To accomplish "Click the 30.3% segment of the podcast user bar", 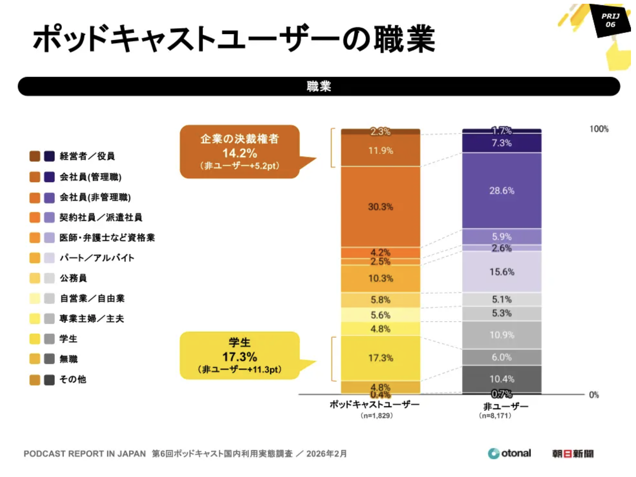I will pyautogui.click(x=380, y=207).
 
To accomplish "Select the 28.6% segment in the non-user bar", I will pyautogui.click(x=502, y=191).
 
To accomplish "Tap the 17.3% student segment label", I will pyautogui.click(x=380, y=358).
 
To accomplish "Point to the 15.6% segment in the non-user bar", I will pyautogui.click(x=502, y=272).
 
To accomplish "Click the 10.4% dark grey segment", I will pyautogui.click(x=502, y=379).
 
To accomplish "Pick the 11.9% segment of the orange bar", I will pyautogui.click(x=380, y=151).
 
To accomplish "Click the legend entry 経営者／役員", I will pyautogui.click(x=87, y=156).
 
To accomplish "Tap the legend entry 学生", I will pyautogui.click(x=68, y=339).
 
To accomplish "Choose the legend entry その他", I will pyautogui.click(x=73, y=380).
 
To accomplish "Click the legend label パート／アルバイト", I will pyautogui.click(x=97, y=258).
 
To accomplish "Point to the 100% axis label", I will pyautogui.click(x=599, y=129).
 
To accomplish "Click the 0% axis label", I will pyautogui.click(x=594, y=395).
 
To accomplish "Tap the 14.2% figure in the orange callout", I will pyautogui.click(x=239, y=153).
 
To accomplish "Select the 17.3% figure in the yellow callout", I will pyautogui.click(x=239, y=357).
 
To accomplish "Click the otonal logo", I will pyautogui.click(x=509, y=453).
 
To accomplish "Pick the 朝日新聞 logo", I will pyautogui.click(x=572, y=454).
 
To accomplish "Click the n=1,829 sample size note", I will pyautogui.click(x=377, y=415).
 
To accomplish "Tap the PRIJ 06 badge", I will pyautogui.click(x=610, y=20).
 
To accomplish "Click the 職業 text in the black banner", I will pyautogui.click(x=319, y=87).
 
